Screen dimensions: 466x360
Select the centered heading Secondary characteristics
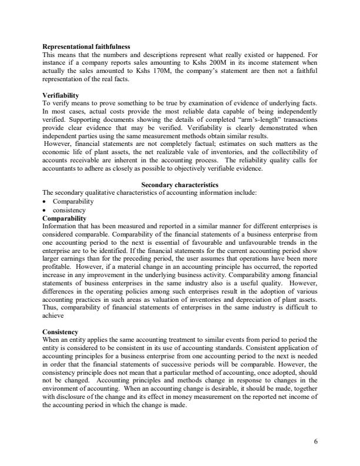click(x=179, y=185)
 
